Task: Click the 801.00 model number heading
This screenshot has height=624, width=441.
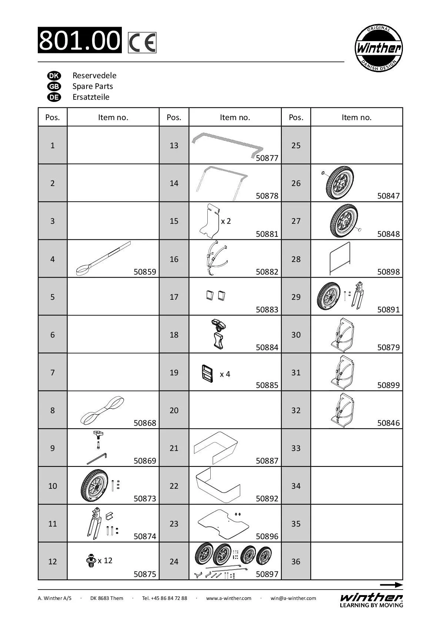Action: point(80,40)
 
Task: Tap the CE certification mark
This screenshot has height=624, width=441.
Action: point(142,43)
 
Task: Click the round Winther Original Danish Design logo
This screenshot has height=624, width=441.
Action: point(378,49)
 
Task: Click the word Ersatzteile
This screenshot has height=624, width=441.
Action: point(91,97)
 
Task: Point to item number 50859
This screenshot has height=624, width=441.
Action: point(145,272)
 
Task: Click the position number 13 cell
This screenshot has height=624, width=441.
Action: point(174,145)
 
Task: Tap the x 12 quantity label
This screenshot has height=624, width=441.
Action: point(105,560)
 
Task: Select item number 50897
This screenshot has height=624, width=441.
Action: point(267,574)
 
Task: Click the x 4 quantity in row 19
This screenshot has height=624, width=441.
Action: point(225,374)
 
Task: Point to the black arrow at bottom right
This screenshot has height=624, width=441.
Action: point(391,585)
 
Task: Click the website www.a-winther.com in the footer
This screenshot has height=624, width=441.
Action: point(229,598)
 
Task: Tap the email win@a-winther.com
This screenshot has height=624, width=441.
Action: point(293,598)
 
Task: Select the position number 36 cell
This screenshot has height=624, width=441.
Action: point(296,561)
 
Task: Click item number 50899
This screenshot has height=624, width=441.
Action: point(388,385)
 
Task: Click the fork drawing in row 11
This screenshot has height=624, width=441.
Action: point(93,522)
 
